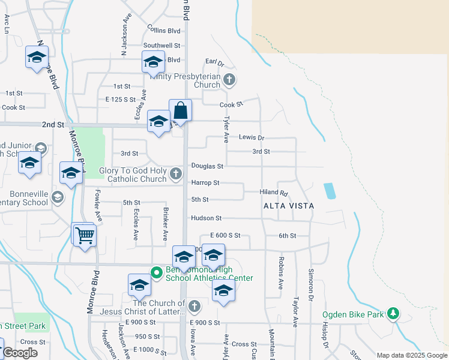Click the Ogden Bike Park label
(x=353, y=314)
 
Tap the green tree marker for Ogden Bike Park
(x=393, y=313)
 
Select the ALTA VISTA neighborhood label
(x=289, y=205)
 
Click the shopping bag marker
(x=180, y=111)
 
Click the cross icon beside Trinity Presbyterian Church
(x=229, y=79)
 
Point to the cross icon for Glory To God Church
(x=176, y=174)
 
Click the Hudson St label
(x=206, y=218)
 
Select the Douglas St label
(x=207, y=166)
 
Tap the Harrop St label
(x=205, y=182)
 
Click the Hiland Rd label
(x=274, y=193)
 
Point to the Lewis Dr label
(x=252, y=137)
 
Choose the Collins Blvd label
(x=164, y=30)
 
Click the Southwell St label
(x=161, y=46)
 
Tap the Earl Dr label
(x=214, y=62)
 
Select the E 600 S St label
(x=225, y=236)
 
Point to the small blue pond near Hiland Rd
(x=330, y=191)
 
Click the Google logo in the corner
(x=20, y=353)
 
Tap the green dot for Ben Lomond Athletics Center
(x=157, y=272)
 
